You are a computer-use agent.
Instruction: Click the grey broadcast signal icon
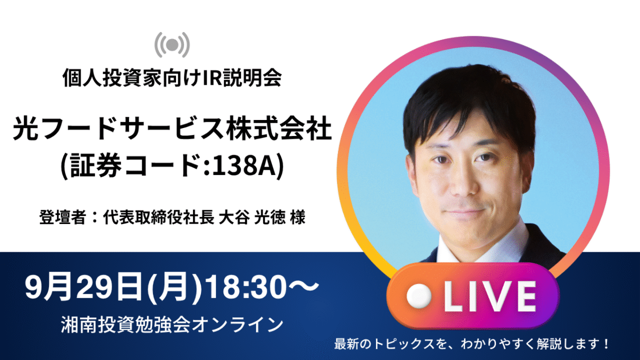tap(172, 45)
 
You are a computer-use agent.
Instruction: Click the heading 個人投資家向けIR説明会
tap(172, 77)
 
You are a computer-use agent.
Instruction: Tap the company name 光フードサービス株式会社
tap(172, 129)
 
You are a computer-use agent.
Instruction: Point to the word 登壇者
tap(62, 217)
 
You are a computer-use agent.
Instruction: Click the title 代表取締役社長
tap(158, 217)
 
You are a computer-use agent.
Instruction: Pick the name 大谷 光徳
tap(252, 217)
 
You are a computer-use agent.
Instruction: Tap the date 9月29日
tap(83, 286)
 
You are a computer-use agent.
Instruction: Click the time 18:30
tap(246, 286)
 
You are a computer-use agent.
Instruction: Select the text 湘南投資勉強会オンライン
tap(172, 325)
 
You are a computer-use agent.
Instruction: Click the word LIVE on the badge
tap(490, 297)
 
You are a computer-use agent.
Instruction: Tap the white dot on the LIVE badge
tap(419, 297)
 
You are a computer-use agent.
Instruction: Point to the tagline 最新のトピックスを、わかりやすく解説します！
tap(471, 343)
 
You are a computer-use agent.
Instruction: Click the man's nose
tap(465, 183)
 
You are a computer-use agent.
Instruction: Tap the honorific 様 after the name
tap(298, 217)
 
